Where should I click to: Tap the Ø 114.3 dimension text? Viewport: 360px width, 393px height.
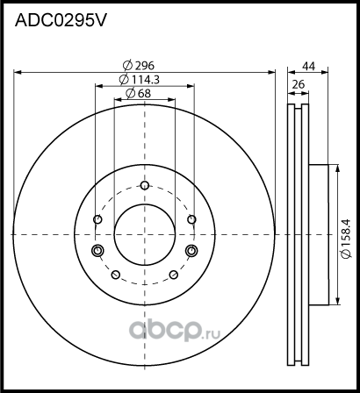click(145, 80)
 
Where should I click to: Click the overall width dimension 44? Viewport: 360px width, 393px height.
click(308, 66)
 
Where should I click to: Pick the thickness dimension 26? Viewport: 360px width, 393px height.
click(298, 85)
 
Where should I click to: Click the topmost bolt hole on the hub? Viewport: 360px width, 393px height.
click(145, 185)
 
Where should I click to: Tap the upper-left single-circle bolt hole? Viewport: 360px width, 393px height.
click(98, 219)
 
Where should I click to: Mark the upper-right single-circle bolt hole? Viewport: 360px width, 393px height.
click(191, 219)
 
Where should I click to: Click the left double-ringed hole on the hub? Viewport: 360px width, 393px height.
click(97, 253)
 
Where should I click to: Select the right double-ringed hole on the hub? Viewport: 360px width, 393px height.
click(191, 253)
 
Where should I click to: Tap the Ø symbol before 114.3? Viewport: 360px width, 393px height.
click(124, 80)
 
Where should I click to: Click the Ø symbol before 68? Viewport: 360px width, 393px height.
click(130, 94)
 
